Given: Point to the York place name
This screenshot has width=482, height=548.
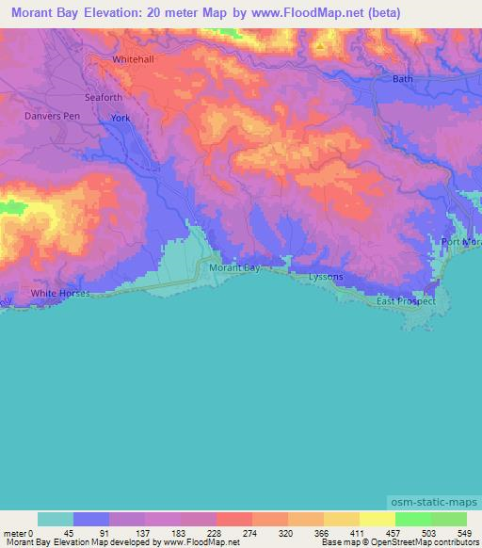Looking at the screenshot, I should (120, 119).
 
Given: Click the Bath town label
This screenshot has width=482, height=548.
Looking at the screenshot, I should (402, 79).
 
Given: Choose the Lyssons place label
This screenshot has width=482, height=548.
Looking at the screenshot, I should (327, 277).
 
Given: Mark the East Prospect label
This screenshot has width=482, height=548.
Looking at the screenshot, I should (406, 301).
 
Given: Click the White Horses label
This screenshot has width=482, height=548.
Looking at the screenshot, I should (60, 294).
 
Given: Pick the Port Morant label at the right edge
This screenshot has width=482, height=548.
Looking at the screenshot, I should (461, 243).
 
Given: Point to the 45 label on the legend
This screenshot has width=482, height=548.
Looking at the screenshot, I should (68, 532).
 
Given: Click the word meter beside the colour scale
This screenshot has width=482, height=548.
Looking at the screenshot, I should (14, 532).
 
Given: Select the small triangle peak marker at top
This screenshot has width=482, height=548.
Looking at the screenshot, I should (320, 44).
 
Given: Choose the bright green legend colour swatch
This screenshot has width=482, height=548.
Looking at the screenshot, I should (412, 519).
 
